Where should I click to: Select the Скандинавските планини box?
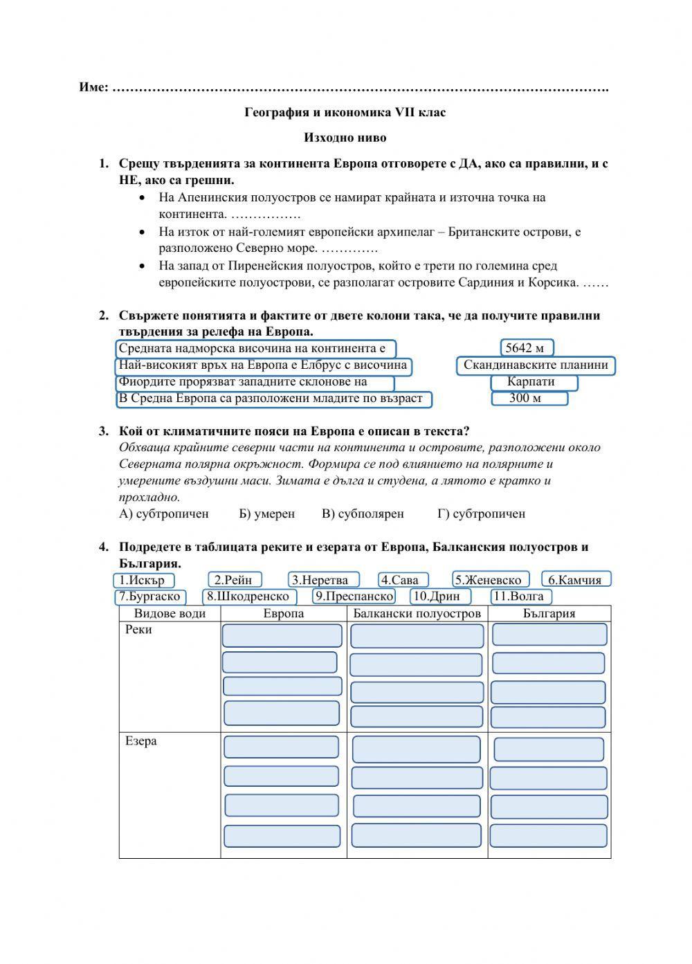pos(536,365)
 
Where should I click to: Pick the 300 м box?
pos(529,399)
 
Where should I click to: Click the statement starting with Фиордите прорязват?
pos(255,383)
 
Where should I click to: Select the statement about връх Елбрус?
pos(263,366)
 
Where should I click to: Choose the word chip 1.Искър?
pos(143,580)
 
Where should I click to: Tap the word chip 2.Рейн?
pos(235,580)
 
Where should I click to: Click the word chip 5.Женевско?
pos(491,580)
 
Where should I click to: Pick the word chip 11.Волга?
pos(520,597)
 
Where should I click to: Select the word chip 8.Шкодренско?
pos(250,597)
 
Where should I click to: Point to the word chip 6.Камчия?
pos(576,580)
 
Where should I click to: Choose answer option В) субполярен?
pos(363,513)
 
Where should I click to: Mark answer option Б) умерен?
pos(266,513)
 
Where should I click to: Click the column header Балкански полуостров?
pos(417,614)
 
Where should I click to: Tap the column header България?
pos(549,614)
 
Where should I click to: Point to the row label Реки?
pos(138,630)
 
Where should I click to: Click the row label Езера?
pos(141,741)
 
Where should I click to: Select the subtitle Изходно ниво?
pos(345,138)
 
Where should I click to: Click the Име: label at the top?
pos(93,88)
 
